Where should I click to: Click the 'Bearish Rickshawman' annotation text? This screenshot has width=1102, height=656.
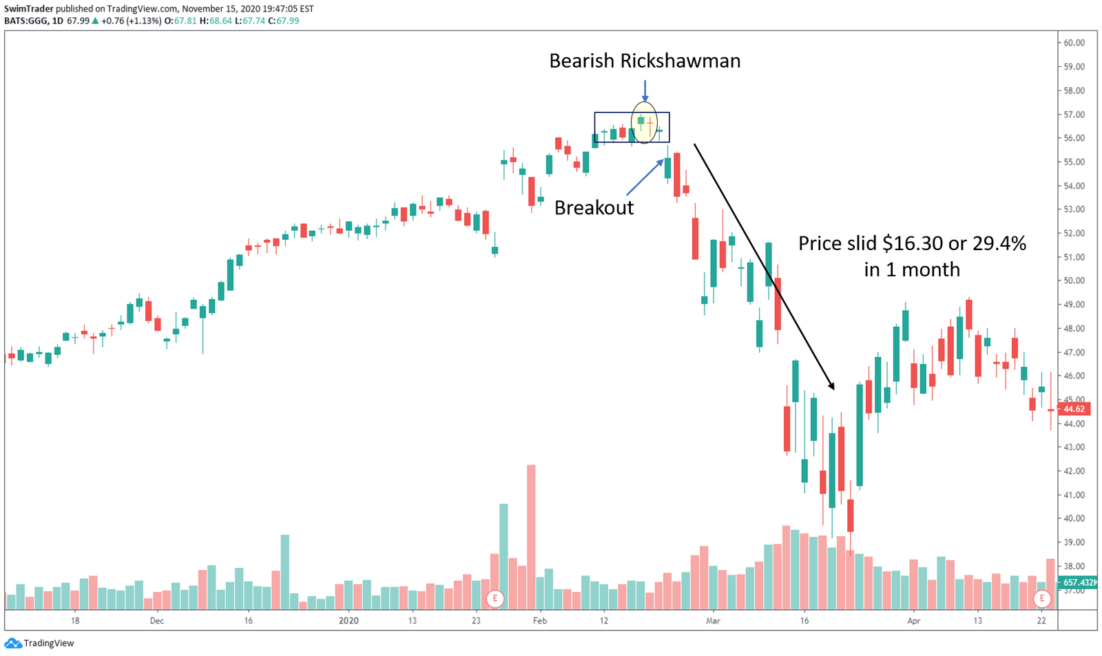pyautogui.click(x=645, y=61)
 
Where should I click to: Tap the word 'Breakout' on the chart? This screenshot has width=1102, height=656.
pyautogui.click(x=594, y=207)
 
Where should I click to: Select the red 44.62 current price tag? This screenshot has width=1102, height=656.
pyautogui.click(x=1074, y=409)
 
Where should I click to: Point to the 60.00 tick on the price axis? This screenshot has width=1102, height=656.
pyautogui.click(x=1074, y=43)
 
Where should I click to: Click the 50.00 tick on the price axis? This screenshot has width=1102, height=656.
pyautogui.click(x=1074, y=280)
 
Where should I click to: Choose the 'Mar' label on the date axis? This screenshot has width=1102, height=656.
pyautogui.click(x=713, y=621)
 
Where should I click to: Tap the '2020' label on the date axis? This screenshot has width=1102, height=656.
pyautogui.click(x=349, y=621)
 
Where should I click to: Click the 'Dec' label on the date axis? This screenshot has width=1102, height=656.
pyautogui.click(x=157, y=621)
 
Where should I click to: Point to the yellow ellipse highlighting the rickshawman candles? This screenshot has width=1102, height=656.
pyautogui.click(x=645, y=122)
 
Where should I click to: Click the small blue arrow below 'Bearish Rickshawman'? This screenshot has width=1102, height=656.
pyautogui.click(x=645, y=90)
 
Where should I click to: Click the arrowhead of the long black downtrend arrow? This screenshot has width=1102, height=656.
pyautogui.click(x=831, y=385)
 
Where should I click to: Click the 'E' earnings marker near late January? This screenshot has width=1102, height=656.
pyautogui.click(x=495, y=598)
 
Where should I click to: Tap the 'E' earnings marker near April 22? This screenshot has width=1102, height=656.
pyautogui.click(x=1042, y=598)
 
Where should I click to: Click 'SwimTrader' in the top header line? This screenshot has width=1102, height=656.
pyautogui.click(x=28, y=9)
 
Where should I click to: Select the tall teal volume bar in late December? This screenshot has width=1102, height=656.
pyautogui.click(x=285, y=572)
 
